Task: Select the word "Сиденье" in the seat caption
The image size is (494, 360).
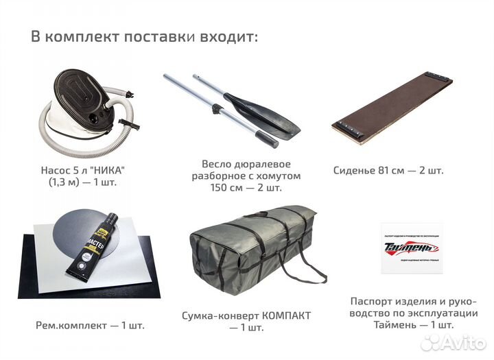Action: tap(355, 170)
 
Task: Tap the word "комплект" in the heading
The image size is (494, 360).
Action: tap(82, 36)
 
